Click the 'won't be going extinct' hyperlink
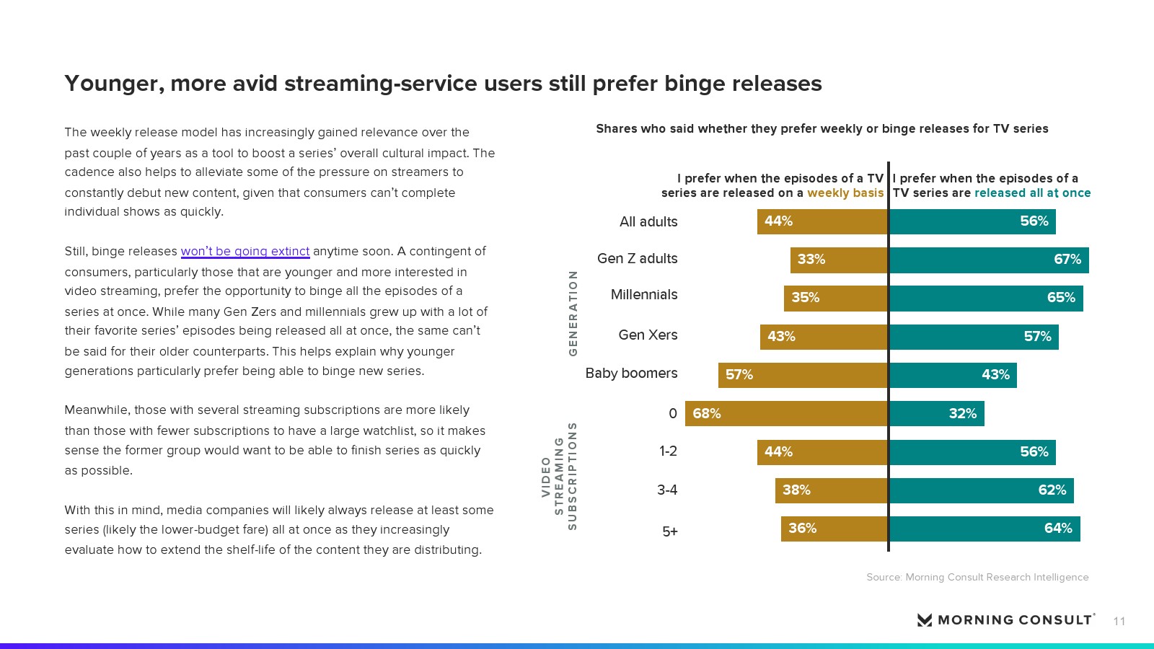(x=245, y=251)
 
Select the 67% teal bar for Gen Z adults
(x=989, y=260)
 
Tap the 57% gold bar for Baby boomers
(x=803, y=375)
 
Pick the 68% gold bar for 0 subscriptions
(x=786, y=413)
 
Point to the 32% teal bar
(x=937, y=413)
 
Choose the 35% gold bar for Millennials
(x=836, y=298)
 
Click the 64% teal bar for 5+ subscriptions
(x=985, y=529)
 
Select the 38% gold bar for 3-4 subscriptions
(x=832, y=490)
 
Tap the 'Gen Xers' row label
(x=648, y=335)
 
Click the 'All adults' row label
(x=648, y=222)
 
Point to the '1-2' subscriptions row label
(x=668, y=451)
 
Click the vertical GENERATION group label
(x=573, y=313)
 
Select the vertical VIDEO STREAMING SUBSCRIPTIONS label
(x=560, y=477)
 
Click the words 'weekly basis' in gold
(x=845, y=193)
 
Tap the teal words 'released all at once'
(x=1032, y=193)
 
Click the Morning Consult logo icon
(x=925, y=620)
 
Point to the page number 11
(x=1119, y=622)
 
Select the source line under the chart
(x=977, y=577)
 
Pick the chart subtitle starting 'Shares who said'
(x=822, y=129)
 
